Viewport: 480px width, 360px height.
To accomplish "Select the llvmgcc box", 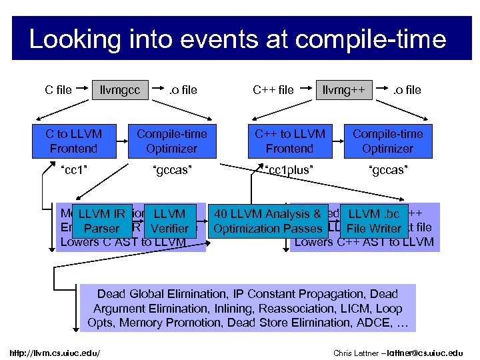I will click(120, 89).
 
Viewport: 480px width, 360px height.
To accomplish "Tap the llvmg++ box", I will click(343, 89).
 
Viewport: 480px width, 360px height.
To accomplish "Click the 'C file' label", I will click(59, 89).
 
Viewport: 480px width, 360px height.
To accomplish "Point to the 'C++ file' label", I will click(273, 89).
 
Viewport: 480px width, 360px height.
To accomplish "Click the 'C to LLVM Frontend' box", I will click(74, 141).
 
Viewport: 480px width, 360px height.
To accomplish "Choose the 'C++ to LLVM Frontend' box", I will click(289, 141).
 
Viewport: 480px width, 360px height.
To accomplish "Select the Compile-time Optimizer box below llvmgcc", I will click(171, 141).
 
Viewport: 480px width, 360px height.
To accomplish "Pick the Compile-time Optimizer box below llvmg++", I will click(387, 141).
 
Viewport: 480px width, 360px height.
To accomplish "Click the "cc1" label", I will click(74, 169).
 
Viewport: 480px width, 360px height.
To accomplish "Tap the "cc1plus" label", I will click(289, 169).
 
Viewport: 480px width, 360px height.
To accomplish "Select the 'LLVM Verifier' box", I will click(169, 221).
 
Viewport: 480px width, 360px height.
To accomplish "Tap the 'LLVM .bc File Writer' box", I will click(374, 221).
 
